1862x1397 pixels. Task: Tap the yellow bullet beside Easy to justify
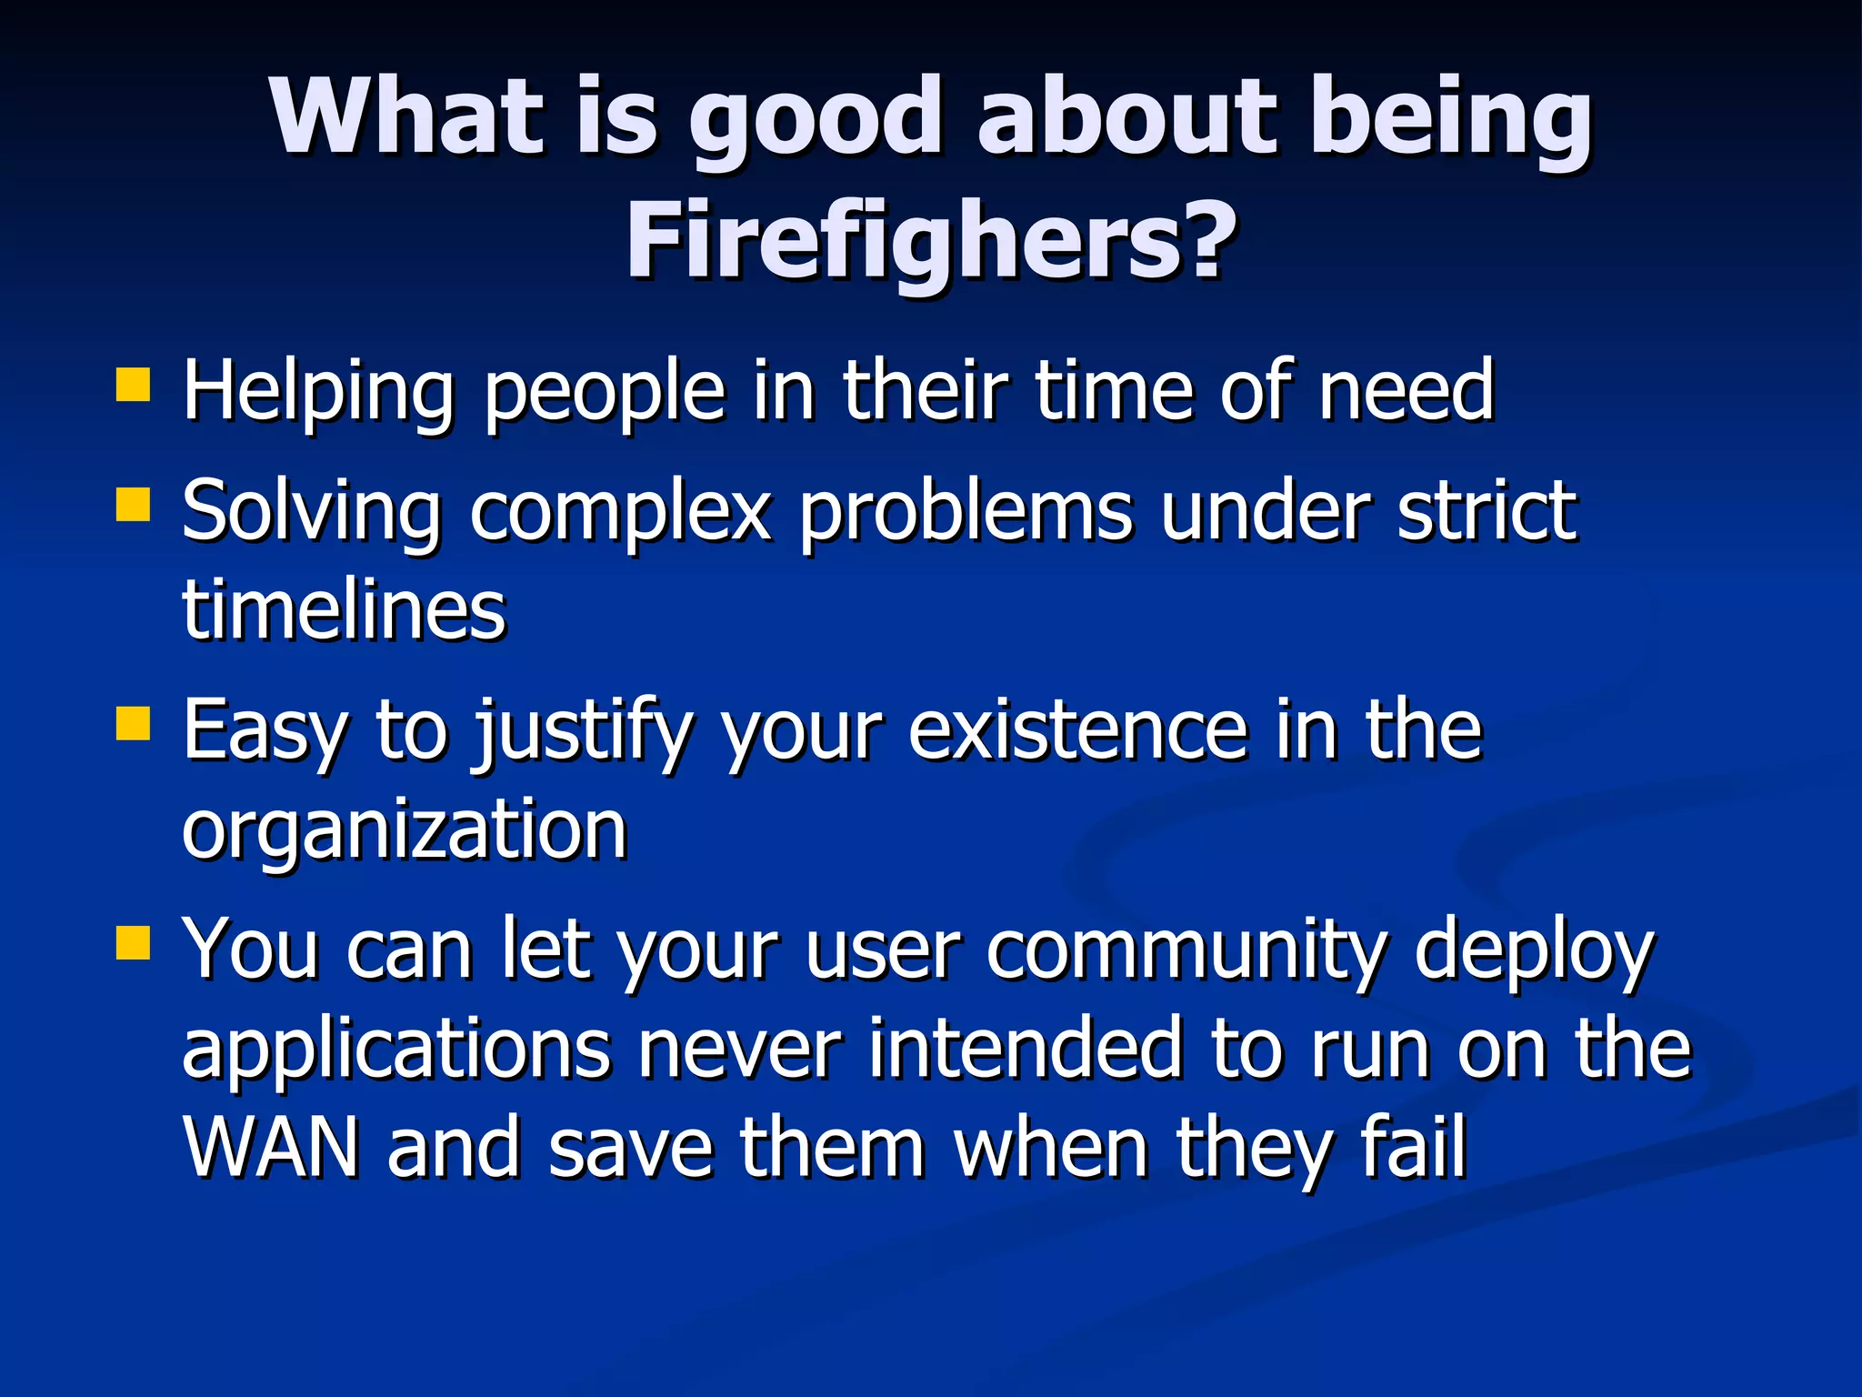click(133, 725)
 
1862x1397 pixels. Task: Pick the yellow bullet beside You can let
click(133, 943)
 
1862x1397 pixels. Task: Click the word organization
click(405, 829)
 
